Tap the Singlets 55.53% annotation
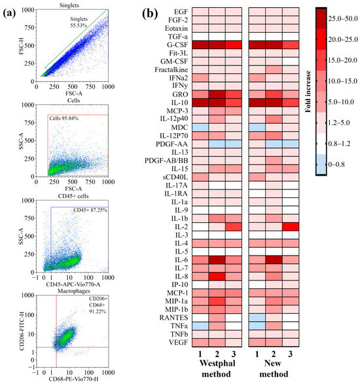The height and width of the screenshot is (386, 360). [83, 25]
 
